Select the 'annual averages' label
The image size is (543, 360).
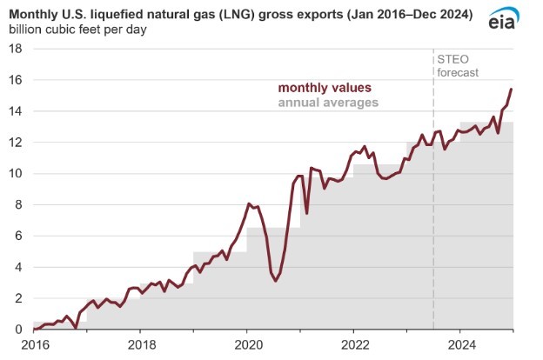coord(328,103)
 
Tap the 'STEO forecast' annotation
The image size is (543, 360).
coord(458,66)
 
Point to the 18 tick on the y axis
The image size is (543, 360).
coord(15,49)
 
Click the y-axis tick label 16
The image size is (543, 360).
coord(15,80)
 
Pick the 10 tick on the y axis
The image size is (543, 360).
coord(15,174)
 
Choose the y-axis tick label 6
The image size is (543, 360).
coord(18,236)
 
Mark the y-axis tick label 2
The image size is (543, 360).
coord(18,298)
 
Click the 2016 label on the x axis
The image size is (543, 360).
coord(33,343)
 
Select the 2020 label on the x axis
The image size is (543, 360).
coord(247,343)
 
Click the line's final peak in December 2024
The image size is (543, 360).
coord(511,90)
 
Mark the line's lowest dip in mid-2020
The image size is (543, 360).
coord(275,281)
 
